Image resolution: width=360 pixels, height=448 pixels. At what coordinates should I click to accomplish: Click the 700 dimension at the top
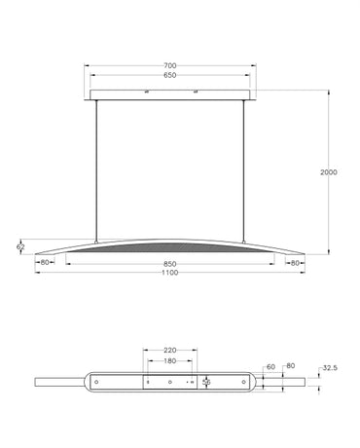click(x=170, y=66)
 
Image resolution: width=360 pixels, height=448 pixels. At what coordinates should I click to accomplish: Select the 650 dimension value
click(x=170, y=75)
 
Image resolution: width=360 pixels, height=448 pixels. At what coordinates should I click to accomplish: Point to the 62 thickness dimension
click(x=20, y=248)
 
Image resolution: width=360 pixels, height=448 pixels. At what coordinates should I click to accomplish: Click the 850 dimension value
click(x=170, y=262)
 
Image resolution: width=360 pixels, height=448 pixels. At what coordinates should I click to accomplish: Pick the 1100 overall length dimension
click(x=170, y=272)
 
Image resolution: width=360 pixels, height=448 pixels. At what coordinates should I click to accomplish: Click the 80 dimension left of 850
click(x=45, y=262)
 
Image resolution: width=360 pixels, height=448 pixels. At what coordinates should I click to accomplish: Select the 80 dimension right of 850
click(x=295, y=262)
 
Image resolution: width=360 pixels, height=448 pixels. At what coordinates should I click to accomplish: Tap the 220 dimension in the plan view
click(x=170, y=350)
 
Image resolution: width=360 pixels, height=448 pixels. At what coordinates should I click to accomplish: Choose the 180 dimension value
click(x=170, y=359)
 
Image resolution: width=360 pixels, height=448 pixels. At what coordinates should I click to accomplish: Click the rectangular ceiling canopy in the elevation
click(x=170, y=94)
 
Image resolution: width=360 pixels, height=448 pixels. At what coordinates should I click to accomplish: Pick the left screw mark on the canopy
click(x=145, y=92)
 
